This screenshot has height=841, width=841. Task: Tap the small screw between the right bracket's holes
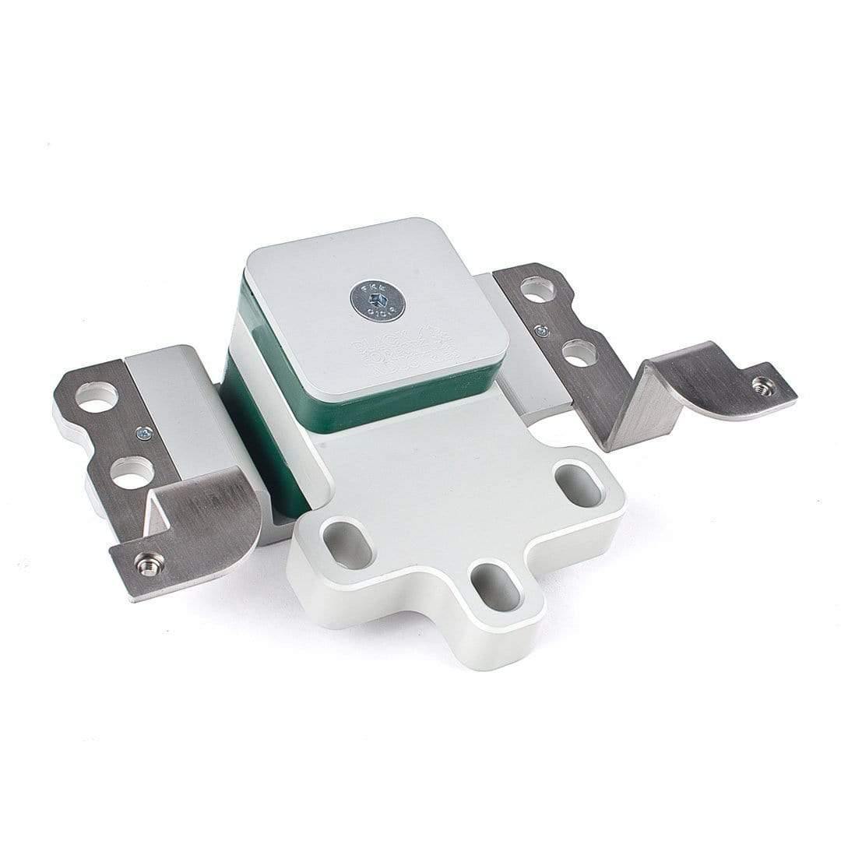[540, 329]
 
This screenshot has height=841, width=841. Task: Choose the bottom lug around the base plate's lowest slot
[498, 623]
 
